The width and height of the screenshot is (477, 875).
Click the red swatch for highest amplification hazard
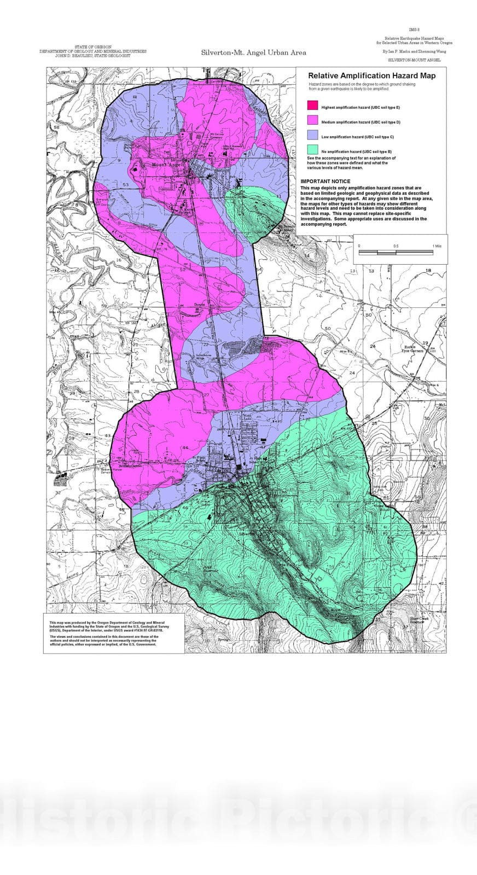coord(312,106)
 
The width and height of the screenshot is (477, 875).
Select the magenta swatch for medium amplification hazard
coord(312,120)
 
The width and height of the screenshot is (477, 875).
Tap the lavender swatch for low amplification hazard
coord(312,135)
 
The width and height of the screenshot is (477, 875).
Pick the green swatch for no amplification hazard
coord(312,149)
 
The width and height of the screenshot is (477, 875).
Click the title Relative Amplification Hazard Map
coord(372,76)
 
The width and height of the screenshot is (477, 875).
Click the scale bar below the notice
coord(396,252)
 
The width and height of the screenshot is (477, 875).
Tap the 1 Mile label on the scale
coord(437,246)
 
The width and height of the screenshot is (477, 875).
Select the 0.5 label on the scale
coord(395,246)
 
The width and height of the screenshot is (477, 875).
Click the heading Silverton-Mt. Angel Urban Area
coord(253,52)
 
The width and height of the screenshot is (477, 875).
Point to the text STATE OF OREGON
coord(92,48)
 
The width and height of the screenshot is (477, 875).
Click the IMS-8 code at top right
coord(414,30)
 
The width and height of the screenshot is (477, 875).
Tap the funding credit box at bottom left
coord(114,633)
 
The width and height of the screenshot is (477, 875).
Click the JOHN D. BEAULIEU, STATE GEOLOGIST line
coord(92,56)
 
